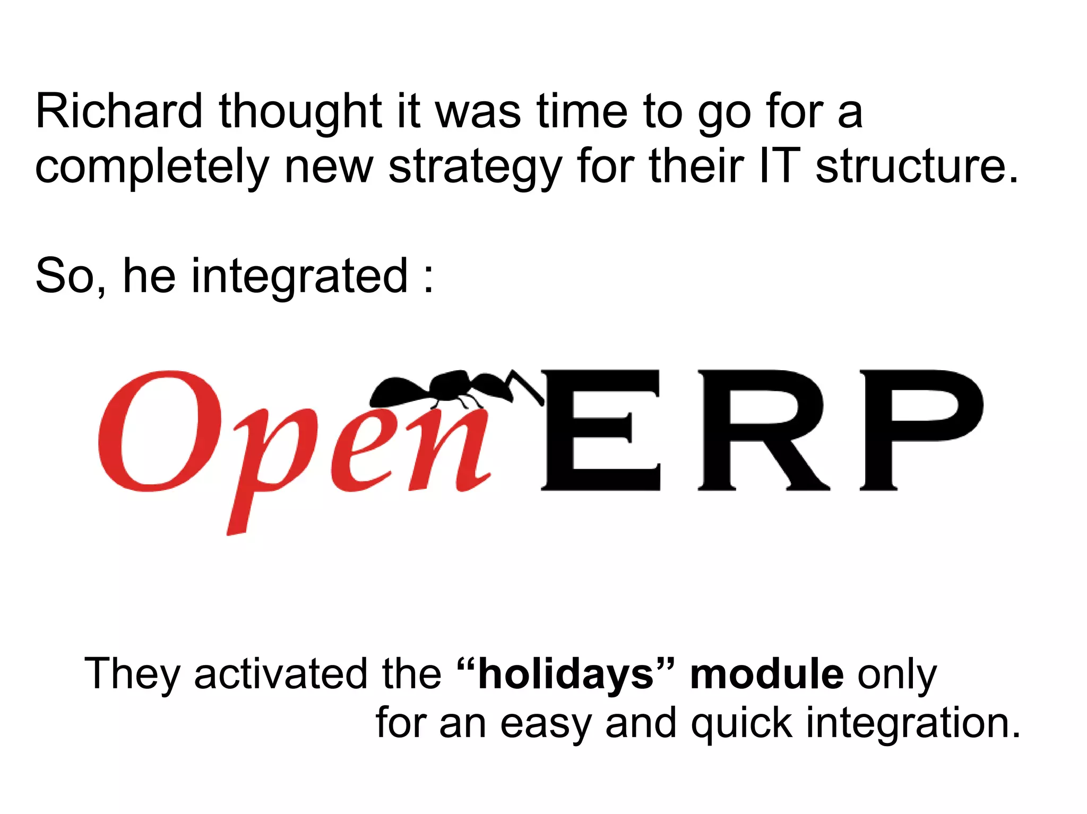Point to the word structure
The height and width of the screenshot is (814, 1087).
tap(917, 167)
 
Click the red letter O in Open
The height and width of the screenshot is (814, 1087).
tap(159, 431)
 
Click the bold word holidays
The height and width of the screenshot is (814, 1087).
tap(566, 675)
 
